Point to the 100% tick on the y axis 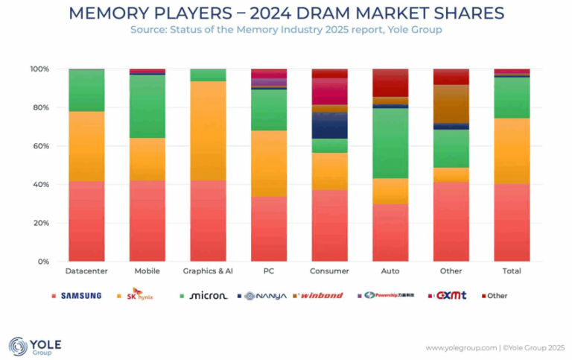(39, 69)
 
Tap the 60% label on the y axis (40, 146)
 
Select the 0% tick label (43, 262)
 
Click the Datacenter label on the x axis (86, 271)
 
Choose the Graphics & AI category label (208, 271)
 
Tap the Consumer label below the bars (329, 271)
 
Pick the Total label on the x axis (512, 271)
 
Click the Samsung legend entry (78, 295)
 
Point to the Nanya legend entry (264, 295)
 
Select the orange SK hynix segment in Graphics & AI (208, 130)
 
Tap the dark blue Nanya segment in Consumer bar (329, 125)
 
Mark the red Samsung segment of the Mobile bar (147, 221)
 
